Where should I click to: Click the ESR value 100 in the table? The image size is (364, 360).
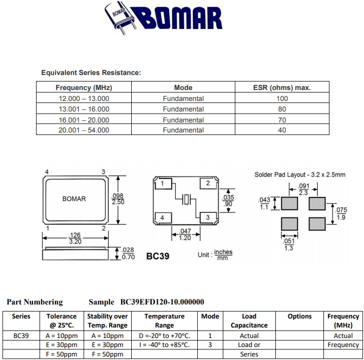[x=282, y=98]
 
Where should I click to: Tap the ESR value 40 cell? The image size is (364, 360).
[x=282, y=130]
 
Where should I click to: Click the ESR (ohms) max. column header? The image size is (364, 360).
[x=282, y=87]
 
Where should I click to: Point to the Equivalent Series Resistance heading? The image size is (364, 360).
[x=91, y=73]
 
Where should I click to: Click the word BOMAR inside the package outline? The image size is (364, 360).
[x=74, y=198]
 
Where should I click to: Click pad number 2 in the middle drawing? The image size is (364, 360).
[x=208, y=183]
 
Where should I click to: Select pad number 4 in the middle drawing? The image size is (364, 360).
[x=162, y=217]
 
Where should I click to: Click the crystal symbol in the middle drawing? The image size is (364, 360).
[x=186, y=200]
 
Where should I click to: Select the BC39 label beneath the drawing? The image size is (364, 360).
[x=158, y=256]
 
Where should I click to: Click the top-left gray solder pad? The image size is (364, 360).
[x=289, y=203]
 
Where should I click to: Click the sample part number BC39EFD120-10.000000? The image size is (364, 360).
[x=162, y=302]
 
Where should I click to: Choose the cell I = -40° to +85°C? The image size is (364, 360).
[x=164, y=345]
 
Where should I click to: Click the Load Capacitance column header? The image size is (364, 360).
[x=249, y=320]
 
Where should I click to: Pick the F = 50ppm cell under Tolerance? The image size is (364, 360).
[x=62, y=354]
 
